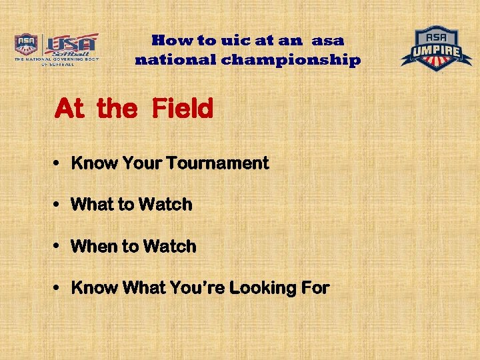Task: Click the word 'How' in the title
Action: click(x=169, y=40)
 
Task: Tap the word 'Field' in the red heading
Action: click(x=182, y=108)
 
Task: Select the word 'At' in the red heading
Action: click(x=69, y=108)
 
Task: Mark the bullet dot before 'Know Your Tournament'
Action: click(x=59, y=164)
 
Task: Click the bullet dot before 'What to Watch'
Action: click(x=59, y=205)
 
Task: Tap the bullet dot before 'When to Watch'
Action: click(x=59, y=247)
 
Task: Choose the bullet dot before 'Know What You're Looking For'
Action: click(x=59, y=289)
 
